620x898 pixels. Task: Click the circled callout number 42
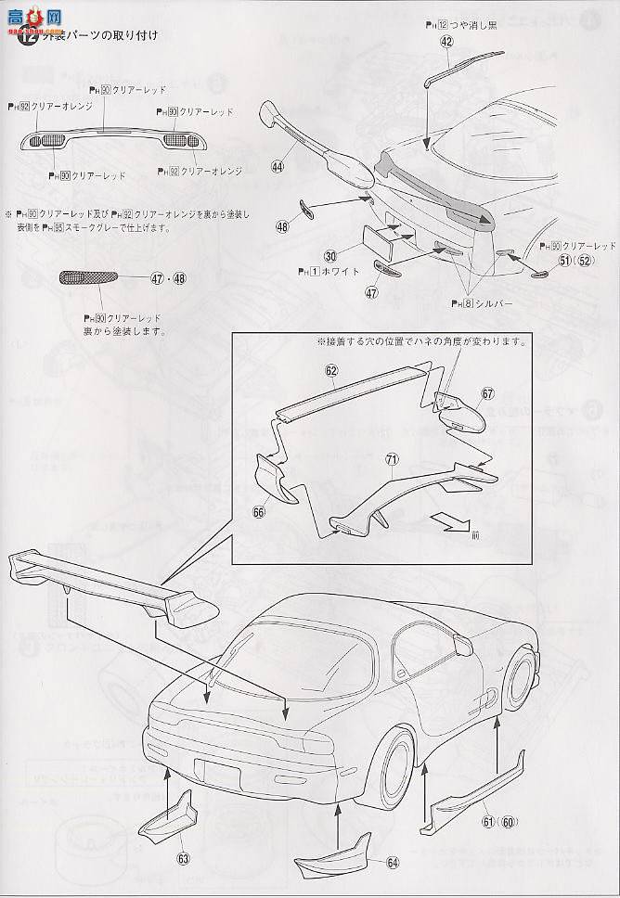[x=446, y=42]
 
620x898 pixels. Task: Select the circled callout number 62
[x=330, y=370]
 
